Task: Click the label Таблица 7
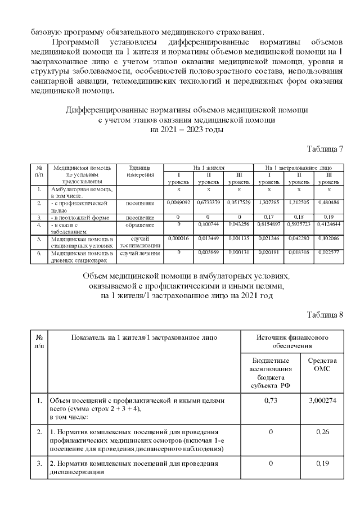325,149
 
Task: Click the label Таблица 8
325,314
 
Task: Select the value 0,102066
329,238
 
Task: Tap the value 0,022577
329,252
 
